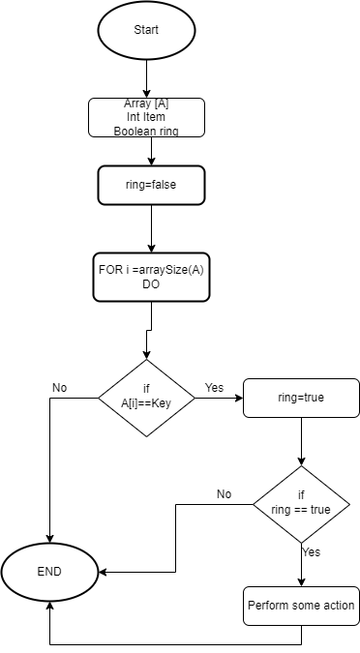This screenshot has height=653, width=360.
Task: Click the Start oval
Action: (x=146, y=30)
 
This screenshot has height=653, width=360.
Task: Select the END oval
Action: (x=49, y=572)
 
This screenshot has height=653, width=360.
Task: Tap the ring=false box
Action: (x=151, y=185)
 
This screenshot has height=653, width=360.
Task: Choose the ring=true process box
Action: (x=301, y=398)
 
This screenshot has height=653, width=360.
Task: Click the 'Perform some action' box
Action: (x=301, y=607)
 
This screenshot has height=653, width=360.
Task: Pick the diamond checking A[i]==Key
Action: (x=146, y=397)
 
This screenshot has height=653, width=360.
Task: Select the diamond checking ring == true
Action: (x=301, y=503)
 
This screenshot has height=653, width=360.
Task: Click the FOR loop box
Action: (x=151, y=277)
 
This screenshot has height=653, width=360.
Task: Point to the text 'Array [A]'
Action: (x=146, y=104)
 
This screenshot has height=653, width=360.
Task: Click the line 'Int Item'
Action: (x=146, y=117)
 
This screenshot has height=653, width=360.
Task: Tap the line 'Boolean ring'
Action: (x=146, y=131)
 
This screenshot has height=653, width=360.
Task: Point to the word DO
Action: (x=151, y=284)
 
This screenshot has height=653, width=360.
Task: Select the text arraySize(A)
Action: (x=170, y=269)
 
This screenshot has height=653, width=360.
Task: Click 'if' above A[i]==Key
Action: (x=146, y=389)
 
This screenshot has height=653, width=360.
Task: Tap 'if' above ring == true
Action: (x=301, y=495)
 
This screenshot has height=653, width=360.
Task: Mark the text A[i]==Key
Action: (x=146, y=403)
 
